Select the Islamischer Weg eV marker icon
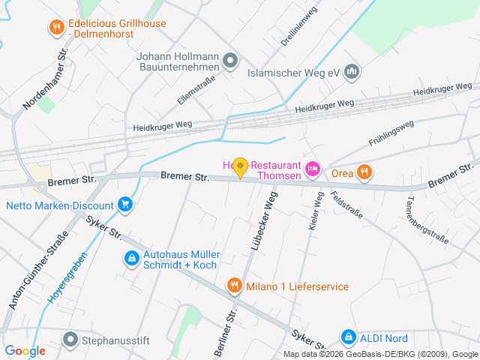pos(352,72)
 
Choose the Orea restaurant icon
pos(364,172)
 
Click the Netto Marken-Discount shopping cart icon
pos(125,204)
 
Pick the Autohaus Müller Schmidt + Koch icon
pos(131,259)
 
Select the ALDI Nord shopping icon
pos(348,337)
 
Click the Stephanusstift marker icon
pos(70,340)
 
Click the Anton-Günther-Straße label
pos(37,269)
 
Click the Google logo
pos(25,350)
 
